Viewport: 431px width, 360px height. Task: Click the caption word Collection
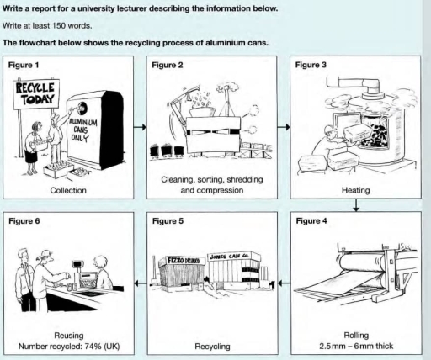point(68,190)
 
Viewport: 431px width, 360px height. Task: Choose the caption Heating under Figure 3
point(354,190)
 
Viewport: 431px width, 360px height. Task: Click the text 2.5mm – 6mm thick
point(354,344)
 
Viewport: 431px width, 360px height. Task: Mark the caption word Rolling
point(354,334)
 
